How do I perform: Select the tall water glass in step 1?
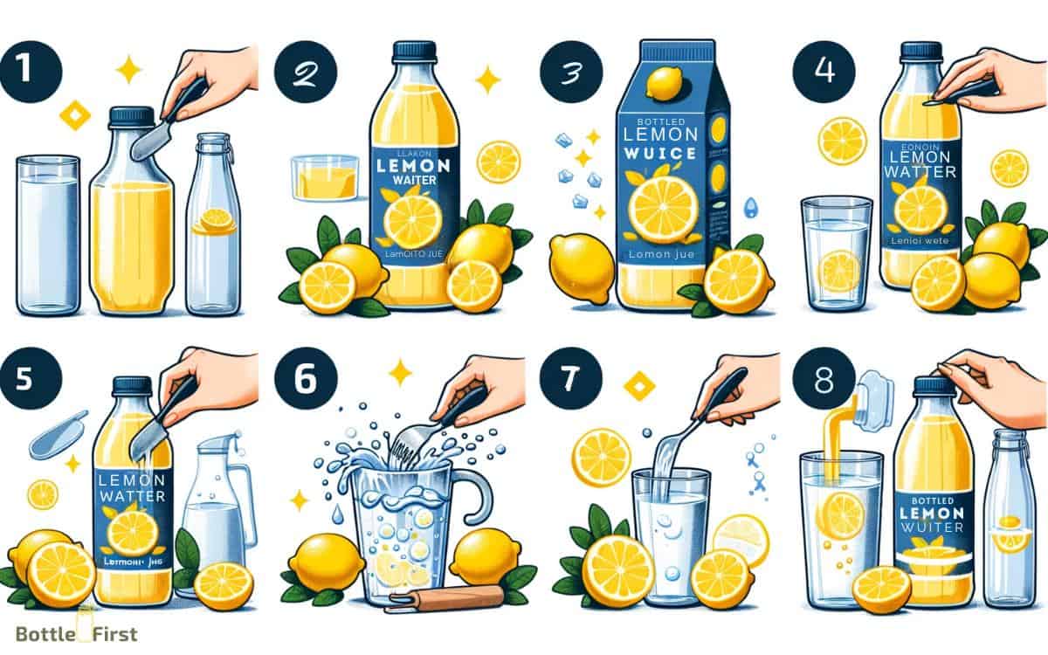48,233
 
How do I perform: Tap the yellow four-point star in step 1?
128,70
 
